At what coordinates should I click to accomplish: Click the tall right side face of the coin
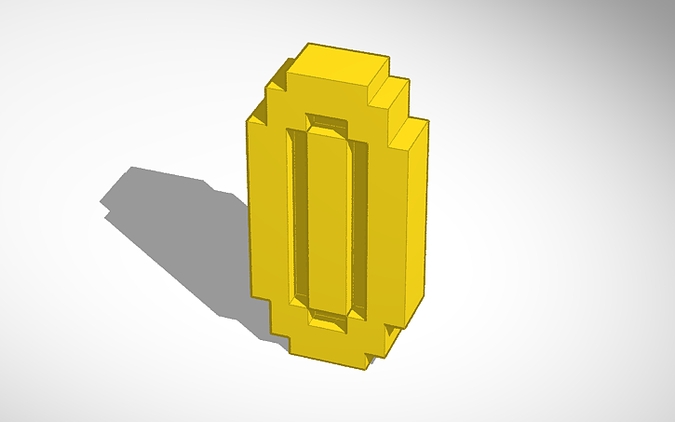(415, 224)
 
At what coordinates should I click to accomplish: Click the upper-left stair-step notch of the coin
(273, 93)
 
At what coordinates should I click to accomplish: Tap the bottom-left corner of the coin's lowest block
(291, 355)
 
